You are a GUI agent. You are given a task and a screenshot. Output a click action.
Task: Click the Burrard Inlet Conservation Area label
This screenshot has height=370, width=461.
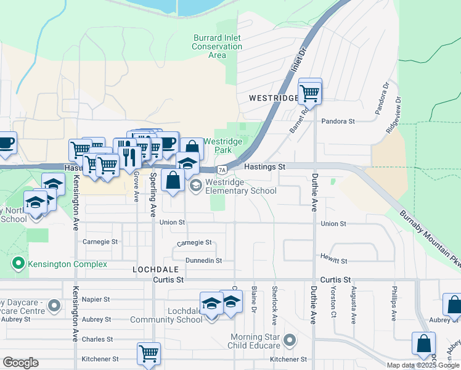point(216,46)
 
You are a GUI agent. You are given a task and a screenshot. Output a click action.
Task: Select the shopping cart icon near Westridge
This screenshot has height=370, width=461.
point(310,92)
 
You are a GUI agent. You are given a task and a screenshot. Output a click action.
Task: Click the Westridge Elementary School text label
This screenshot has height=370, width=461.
point(241,186)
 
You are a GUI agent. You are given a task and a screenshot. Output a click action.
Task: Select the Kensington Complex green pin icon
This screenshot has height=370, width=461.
point(18,264)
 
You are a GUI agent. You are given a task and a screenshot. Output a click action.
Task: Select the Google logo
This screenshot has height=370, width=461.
point(21,363)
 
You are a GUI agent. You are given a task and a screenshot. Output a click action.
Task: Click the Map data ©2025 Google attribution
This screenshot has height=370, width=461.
point(422,365)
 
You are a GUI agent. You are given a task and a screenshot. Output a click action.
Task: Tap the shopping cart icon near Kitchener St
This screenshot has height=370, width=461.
point(149,354)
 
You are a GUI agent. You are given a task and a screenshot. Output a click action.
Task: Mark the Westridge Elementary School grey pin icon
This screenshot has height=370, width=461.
point(195,186)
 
